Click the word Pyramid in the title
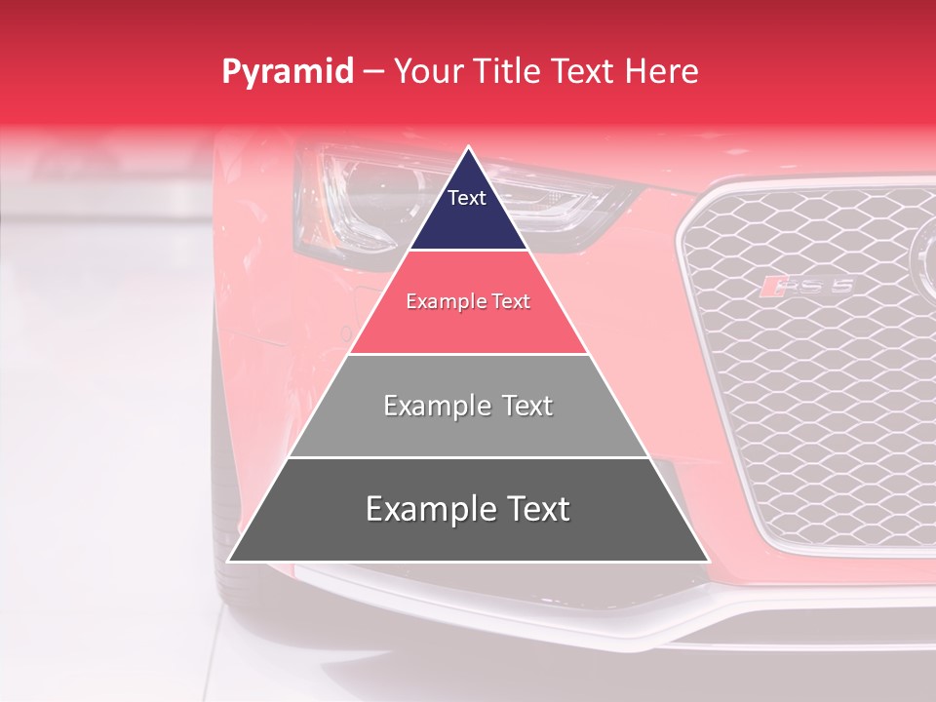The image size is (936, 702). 287,72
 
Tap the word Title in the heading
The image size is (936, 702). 509,71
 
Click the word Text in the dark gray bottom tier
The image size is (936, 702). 533,509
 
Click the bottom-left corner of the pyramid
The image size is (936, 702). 229,561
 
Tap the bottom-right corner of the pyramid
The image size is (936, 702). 708,561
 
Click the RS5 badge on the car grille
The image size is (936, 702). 805,287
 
